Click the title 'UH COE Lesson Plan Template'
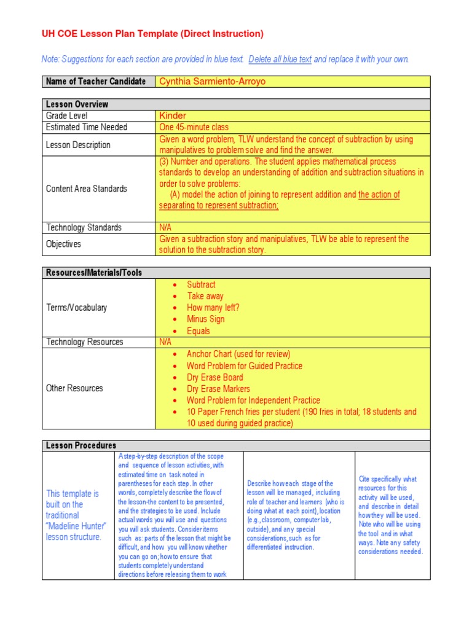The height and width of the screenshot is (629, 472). [111, 34]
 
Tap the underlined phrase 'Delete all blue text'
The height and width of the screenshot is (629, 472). [280, 60]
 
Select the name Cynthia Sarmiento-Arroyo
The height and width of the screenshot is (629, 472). [212, 82]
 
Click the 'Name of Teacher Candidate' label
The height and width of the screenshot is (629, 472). [96, 82]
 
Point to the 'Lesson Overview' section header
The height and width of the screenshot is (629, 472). [77, 104]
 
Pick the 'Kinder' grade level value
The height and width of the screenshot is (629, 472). [173, 115]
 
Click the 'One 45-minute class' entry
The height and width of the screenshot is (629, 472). [194, 127]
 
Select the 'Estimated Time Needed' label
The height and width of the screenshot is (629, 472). [87, 127]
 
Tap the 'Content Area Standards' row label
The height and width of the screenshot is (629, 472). [87, 189]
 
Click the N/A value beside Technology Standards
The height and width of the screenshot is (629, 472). [166, 227]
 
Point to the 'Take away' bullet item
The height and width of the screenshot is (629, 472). [205, 296]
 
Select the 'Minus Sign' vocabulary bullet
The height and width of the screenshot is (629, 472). [206, 319]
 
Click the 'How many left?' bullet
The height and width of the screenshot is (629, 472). [213, 308]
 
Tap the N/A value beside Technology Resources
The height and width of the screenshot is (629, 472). [166, 342]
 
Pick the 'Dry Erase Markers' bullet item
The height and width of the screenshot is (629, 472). [218, 389]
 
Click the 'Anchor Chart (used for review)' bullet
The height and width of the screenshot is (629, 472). [238, 354]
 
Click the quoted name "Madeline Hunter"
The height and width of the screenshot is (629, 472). [76, 526]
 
